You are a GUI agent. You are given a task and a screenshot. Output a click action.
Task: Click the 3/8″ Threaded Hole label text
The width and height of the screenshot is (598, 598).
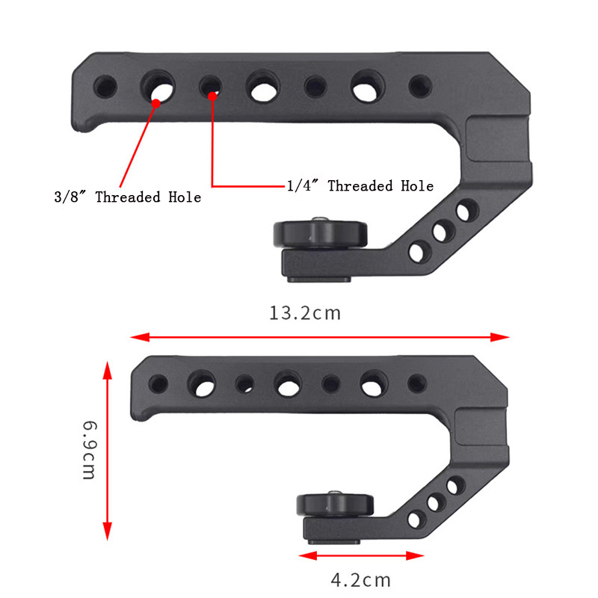[127, 197]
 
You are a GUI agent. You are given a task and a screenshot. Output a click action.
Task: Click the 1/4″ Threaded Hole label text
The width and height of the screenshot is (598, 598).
[360, 185]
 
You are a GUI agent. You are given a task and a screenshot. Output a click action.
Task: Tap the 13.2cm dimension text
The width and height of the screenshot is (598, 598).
[305, 313]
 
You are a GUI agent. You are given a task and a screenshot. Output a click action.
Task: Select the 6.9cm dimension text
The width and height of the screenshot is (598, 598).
[90, 450]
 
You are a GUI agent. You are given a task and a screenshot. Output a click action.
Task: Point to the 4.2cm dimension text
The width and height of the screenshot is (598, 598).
[361, 580]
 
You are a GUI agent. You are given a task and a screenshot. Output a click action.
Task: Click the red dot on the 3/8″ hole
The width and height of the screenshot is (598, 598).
[156, 103]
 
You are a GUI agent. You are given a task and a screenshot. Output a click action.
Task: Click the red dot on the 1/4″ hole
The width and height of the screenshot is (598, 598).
[212, 96]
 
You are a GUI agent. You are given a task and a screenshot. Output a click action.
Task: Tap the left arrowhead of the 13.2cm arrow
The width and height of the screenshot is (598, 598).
[140, 337]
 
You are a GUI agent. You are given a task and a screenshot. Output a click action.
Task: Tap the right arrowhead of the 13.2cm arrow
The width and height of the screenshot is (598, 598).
[500, 337]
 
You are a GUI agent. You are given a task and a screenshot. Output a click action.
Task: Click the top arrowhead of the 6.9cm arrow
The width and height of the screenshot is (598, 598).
[108, 370]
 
